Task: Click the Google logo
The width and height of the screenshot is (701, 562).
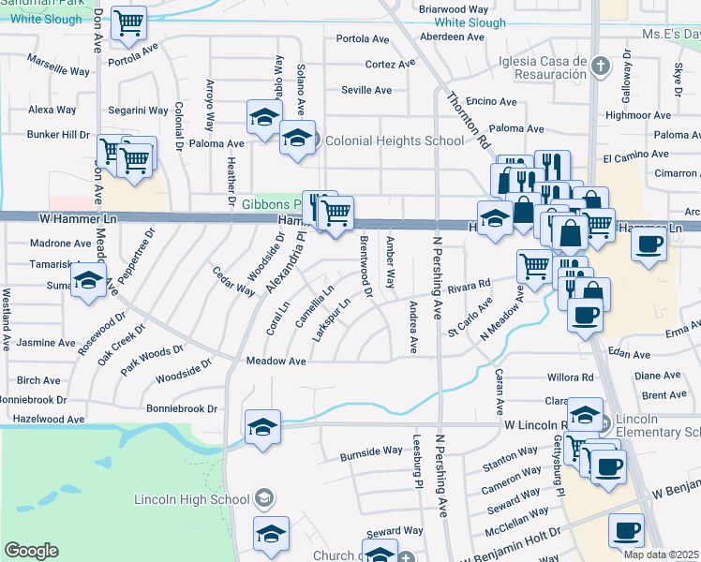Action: coord(31,551)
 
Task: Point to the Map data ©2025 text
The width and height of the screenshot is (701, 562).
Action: coord(662,555)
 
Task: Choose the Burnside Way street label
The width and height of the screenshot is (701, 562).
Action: coord(370,451)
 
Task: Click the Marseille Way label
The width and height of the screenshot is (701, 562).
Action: coord(59,70)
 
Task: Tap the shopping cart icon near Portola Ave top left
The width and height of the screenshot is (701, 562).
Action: coord(128,22)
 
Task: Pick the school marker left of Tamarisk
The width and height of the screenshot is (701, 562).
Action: coord(89,281)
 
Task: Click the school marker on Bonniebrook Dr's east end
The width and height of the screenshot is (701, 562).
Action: coord(262,426)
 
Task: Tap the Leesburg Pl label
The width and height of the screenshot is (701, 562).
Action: coord(418,462)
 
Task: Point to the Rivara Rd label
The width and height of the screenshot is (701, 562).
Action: coord(470,285)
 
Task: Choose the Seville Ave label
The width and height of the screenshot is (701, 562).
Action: coord(366,90)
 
